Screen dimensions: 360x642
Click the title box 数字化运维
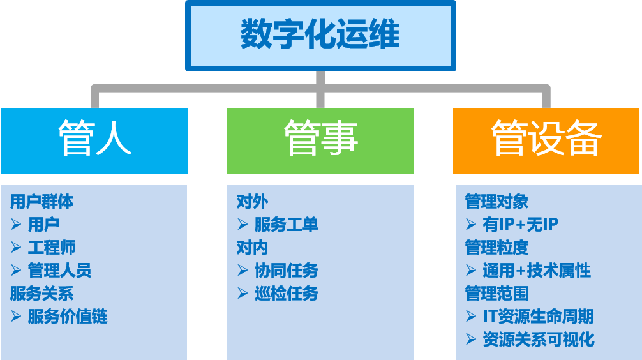coord(320,35)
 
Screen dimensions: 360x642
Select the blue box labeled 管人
coord(94,140)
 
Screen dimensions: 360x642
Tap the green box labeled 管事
coord(320,140)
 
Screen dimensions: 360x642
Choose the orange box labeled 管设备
coord(547,140)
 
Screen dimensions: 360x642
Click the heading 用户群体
coord(42,202)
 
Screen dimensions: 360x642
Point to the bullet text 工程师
coord(52,248)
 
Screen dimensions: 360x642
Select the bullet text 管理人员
coord(60,271)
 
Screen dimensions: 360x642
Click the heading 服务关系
coord(42,294)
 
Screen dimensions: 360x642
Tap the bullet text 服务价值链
coord(68,317)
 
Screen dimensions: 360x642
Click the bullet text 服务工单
coord(287,225)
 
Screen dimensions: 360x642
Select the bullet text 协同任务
coord(287,271)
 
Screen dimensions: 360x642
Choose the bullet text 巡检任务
coord(287,294)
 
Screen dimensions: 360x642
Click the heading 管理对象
coord(497,202)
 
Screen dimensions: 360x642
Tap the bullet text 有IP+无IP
coord(521,225)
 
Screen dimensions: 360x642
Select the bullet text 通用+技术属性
coord(537,271)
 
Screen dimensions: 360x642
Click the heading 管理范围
coord(497,294)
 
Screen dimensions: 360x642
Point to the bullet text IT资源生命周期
coord(538,317)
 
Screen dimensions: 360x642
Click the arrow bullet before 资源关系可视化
coord(471,340)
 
